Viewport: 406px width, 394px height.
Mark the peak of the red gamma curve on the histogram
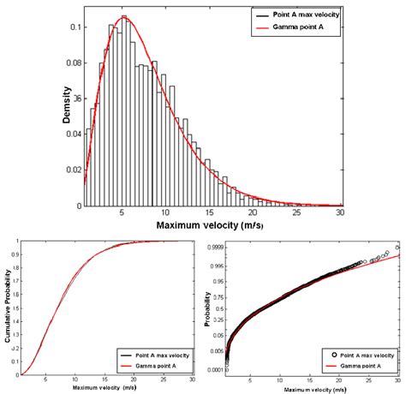[x=124, y=17]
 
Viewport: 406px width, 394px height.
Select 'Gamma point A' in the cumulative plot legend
[x=159, y=363]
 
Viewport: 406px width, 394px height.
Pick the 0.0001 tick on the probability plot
[x=218, y=370]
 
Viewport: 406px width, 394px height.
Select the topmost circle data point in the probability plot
[x=397, y=246]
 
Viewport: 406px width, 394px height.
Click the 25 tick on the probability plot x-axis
[x=370, y=379]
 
